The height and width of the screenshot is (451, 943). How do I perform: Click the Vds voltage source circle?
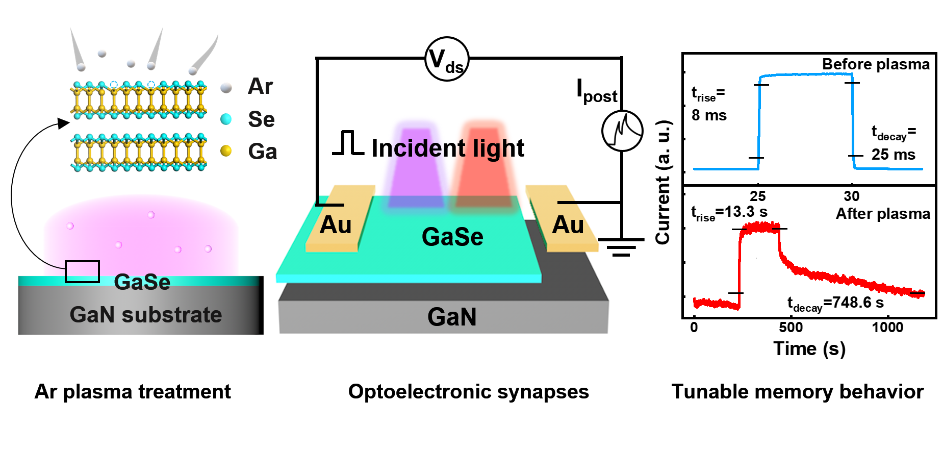[447, 59]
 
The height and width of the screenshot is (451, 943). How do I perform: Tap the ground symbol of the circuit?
[621, 247]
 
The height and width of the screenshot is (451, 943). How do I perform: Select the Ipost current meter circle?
[622, 131]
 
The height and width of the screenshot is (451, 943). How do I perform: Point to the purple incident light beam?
[416, 168]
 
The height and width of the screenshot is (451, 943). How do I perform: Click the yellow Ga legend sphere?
[226, 151]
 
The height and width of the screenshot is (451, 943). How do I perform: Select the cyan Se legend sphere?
[226, 119]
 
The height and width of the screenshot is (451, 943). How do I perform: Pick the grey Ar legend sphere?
[226, 88]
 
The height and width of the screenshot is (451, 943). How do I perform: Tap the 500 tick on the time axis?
[791, 328]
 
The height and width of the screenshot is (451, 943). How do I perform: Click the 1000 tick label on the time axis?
[887, 328]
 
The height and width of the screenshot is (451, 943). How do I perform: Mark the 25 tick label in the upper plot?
[758, 196]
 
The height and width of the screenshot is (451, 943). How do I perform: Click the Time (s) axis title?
[809, 349]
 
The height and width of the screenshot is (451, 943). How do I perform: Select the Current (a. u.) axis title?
[663, 183]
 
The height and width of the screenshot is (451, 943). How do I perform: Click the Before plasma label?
[876, 64]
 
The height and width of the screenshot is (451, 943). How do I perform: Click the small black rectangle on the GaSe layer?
[82, 271]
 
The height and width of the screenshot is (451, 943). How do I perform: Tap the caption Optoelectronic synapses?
[468, 392]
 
